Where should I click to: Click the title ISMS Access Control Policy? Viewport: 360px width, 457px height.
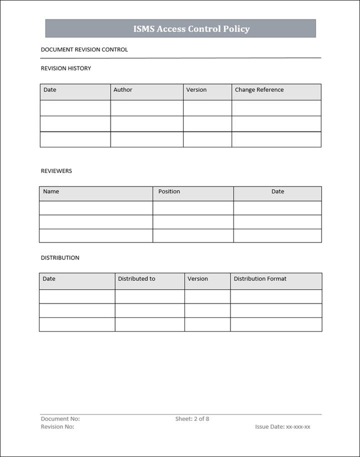191,29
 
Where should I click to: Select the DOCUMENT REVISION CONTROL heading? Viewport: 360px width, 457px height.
84,50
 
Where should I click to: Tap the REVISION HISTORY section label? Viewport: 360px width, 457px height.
65,68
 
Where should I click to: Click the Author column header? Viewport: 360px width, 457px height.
122,90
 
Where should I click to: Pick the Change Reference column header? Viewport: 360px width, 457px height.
259,90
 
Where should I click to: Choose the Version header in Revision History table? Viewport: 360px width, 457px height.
196,90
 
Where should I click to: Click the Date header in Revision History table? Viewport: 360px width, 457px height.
50,90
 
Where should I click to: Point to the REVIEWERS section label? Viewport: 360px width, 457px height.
56,171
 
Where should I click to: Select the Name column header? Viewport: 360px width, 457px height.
51,191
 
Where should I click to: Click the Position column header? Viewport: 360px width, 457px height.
169,191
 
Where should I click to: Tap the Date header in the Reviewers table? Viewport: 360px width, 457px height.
277,191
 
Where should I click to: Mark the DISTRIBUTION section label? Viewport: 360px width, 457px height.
60,258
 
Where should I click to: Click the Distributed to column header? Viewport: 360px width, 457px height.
136,279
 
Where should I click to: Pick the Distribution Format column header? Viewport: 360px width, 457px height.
260,279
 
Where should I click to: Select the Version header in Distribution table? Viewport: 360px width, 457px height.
197,279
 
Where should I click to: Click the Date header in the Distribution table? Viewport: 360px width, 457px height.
49,279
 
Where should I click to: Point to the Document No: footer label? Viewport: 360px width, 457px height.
60,419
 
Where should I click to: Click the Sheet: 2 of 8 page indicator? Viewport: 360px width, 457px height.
192,419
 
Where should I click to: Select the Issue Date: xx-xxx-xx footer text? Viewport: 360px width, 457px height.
282,427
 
